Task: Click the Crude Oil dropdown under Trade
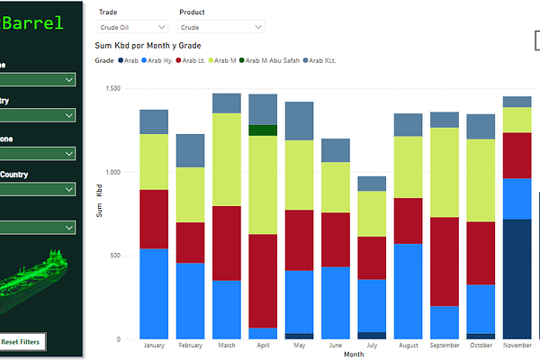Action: click(x=132, y=28)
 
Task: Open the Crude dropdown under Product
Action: click(x=221, y=28)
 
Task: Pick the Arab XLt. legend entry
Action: click(x=323, y=60)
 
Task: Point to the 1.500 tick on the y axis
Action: click(x=112, y=88)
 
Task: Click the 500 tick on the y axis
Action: click(x=115, y=256)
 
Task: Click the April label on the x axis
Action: click(x=263, y=346)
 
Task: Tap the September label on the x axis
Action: click(x=445, y=346)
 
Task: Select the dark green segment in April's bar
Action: click(x=263, y=130)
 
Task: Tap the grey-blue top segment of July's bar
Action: click(x=372, y=184)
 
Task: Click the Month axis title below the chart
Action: click(x=354, y=355)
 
